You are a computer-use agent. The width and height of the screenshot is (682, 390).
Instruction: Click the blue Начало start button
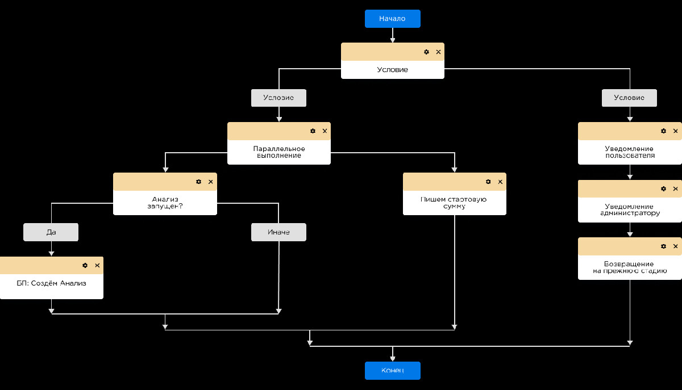(x=393, y=19)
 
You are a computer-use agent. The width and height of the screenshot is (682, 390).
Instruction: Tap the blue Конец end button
(x=393, y=371)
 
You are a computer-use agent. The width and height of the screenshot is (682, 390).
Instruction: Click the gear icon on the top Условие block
(x=426, y=52)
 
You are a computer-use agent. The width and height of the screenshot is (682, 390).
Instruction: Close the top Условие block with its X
(x=438, y=52)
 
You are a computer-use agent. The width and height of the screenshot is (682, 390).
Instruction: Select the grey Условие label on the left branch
(x=278, y=98)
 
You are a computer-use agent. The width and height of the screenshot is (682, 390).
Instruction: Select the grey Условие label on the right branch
(x=629, y=98)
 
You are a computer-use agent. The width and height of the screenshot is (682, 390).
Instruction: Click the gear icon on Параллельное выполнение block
(x=313, y=131)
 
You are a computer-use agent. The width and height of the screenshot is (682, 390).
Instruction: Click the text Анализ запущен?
(x=165, y=203)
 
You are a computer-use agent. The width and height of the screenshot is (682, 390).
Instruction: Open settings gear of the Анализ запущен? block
(x=198, y=182)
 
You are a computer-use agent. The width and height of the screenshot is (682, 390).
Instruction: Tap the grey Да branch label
(x=51, y=232)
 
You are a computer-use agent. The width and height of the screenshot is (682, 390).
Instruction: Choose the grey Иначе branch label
(x=278, y=232)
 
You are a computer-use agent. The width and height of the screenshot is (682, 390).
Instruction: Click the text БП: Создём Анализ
(x=51, y=283)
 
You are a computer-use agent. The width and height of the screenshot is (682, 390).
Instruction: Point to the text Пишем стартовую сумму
(x=454, y=203)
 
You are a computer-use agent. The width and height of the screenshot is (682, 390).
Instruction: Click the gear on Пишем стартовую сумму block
(x=488, y=182)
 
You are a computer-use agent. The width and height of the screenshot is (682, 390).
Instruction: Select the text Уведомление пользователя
(x=629, y=152)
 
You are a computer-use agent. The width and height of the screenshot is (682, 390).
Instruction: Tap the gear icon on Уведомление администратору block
(x=663, y=188)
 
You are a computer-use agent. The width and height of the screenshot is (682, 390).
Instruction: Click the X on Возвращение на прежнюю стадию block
(x=675, y=246)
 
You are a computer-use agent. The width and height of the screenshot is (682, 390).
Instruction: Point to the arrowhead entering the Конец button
(x=393, y=358)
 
